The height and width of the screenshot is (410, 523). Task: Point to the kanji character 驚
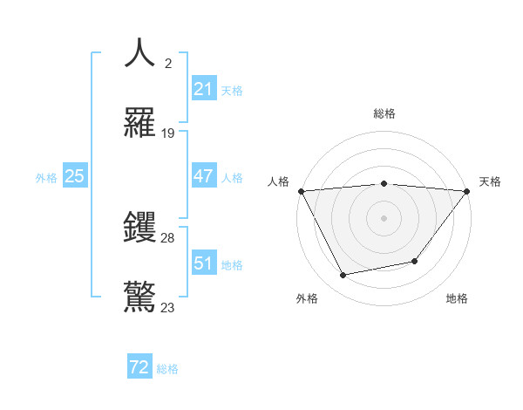click(139, 296)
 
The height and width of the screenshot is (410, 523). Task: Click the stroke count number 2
click(168, 64)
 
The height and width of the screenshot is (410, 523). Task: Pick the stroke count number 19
click(168, 133)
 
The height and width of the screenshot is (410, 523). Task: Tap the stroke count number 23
click(168, 307)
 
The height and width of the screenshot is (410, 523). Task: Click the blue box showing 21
click(203, 89)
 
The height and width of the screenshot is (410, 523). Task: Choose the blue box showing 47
click(203, 176)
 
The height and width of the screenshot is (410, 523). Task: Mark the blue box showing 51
click(203, 263)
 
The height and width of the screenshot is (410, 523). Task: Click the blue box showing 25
click(74, 176)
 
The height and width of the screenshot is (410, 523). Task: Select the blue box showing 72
click(139, 368)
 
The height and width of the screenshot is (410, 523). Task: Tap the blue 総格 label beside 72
click(167, 369)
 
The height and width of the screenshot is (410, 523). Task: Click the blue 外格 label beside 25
click(46, 177)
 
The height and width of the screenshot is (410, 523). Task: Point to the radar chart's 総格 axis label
click(384, 113)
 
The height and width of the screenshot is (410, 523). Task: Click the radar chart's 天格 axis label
click(490, 181)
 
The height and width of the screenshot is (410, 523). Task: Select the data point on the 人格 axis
click(302, 191)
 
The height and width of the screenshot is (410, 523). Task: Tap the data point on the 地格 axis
click(415, 261)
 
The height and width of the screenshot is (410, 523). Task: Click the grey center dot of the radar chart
click(384, 217)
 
